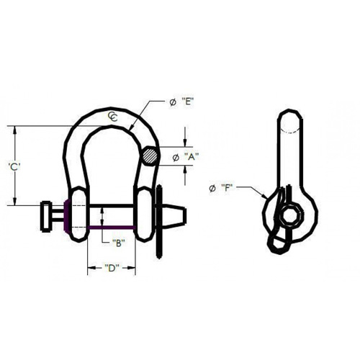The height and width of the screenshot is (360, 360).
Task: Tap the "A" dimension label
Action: [192, 156]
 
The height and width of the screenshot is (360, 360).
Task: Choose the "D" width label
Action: [111, 269]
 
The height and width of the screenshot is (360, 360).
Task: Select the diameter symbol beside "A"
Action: [174, 156]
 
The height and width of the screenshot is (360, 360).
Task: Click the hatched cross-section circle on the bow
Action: [151, 156]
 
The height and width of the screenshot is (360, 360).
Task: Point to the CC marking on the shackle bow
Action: [114, 117]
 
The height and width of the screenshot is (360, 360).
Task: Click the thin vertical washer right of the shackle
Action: [159, 215]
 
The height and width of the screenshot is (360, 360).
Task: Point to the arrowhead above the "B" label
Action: [104, 210]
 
